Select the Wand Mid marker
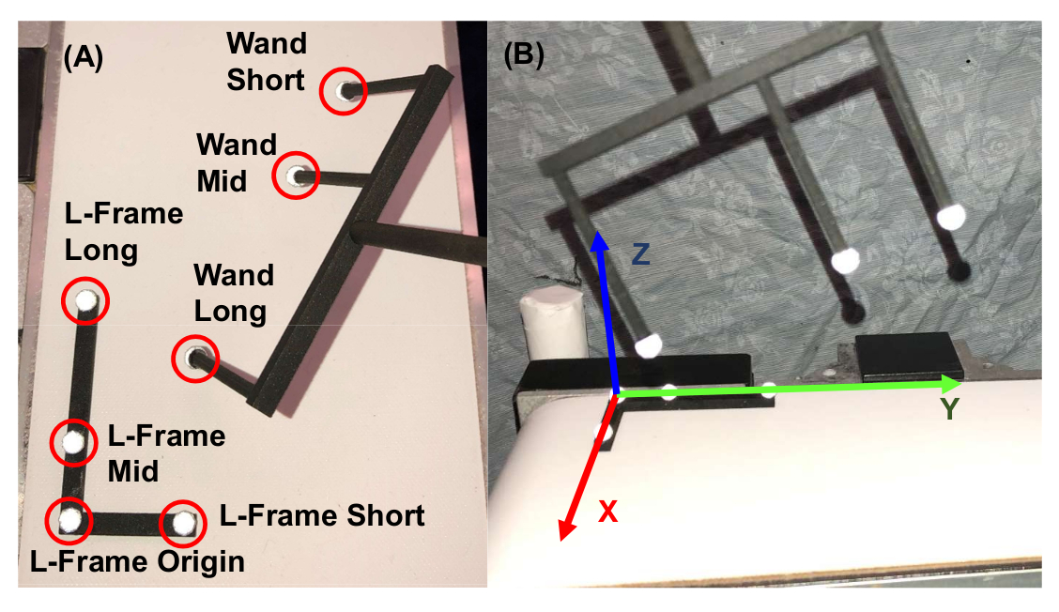point(296,176)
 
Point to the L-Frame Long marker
point(85,300)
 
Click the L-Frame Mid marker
point(73,442)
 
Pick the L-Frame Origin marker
point(69,520)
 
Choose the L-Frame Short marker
point(183,522)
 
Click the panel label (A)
point(83,57)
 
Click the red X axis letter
point(607,512)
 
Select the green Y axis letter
point(950,409)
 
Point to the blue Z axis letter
point(640,254)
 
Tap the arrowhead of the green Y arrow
point(952,384)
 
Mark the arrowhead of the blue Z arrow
point(598,239)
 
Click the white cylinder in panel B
point(553,323)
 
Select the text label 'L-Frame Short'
point(322,516)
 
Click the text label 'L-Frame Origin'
point(137,562)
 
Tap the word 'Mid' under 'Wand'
point(222,181)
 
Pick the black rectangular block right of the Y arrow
point(909,356)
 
